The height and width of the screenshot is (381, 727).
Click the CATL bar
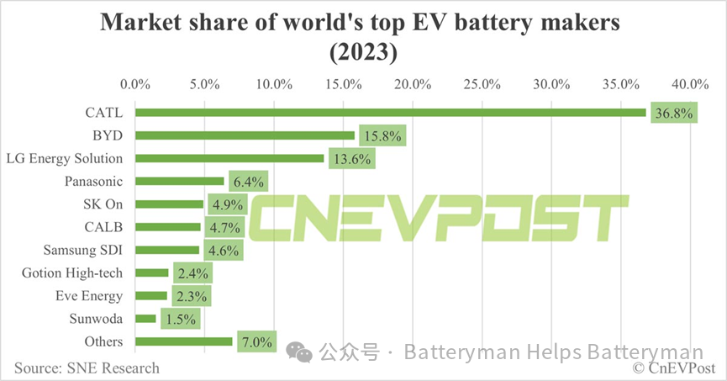click(x=390, y=112)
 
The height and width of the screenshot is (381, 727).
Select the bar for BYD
click(x=245, y=135)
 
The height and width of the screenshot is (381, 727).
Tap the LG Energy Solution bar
click(x=229, y=158)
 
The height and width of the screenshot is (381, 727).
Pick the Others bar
click(x=183, y=341)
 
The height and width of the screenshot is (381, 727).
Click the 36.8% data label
click(x=672, y=113)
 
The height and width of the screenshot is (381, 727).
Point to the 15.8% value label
click(x=382, y=135)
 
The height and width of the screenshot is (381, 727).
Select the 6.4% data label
click(x=249, y=182)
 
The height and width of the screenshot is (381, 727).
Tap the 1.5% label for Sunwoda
click(x=179, y=319)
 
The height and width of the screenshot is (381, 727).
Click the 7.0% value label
click(x=257, y=342)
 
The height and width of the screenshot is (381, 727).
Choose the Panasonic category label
click(x=93, y=181)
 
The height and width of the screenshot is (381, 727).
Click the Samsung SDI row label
click(x=83, y=250)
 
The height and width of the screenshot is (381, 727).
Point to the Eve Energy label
click(x=89, y=295)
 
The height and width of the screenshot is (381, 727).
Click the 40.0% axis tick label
click(x=690, y=84)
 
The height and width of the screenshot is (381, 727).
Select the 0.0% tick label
click(x=135, y=84)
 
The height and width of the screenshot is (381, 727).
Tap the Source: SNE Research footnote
click(x=86, y=368)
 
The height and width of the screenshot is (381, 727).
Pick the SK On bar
click(x=169, y=204)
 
